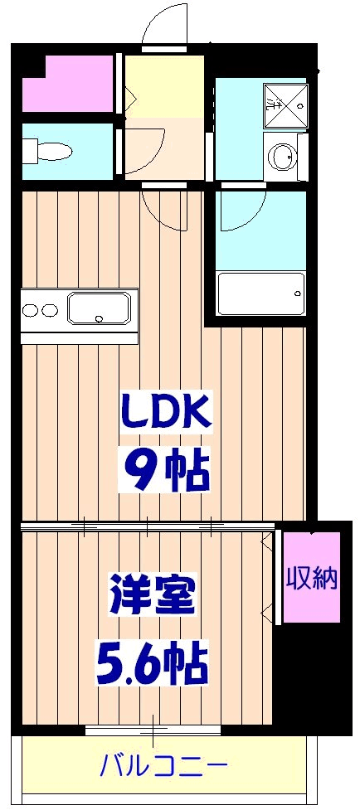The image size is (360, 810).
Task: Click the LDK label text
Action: [166, 410]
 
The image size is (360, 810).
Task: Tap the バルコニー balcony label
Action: [163, 764]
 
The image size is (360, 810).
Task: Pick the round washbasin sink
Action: [283, 156]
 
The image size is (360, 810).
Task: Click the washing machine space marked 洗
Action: [285, 107]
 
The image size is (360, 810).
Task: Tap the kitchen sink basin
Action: [100, 308]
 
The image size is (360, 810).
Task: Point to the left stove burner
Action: [31, 310]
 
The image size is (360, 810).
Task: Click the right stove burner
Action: [50, 310]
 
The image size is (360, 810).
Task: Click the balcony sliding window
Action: [153, 730]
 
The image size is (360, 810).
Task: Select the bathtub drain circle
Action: [297, 293]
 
